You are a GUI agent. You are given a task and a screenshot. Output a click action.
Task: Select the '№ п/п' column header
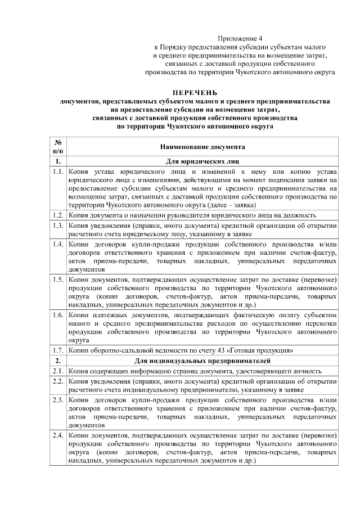(58, 147)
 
